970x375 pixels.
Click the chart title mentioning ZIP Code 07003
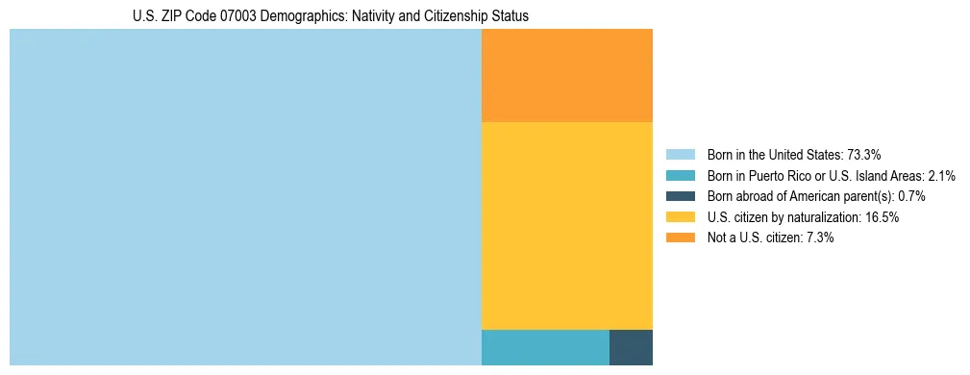[330, 16]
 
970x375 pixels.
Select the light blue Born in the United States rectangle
[245, 197]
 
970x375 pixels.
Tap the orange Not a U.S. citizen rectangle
[566, 75]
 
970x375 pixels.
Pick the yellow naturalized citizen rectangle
[566, 226]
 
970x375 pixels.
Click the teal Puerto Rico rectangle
[544, 347]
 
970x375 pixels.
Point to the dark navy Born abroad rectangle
[631, 347]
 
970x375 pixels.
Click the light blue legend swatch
[680, 155]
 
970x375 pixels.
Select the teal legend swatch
[680, 176]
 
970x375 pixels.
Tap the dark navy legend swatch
[680, 196]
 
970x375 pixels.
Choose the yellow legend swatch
[680, 217]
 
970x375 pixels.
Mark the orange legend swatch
[680, 238]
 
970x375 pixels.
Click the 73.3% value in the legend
[864, 155]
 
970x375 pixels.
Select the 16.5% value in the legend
[882, 217]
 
